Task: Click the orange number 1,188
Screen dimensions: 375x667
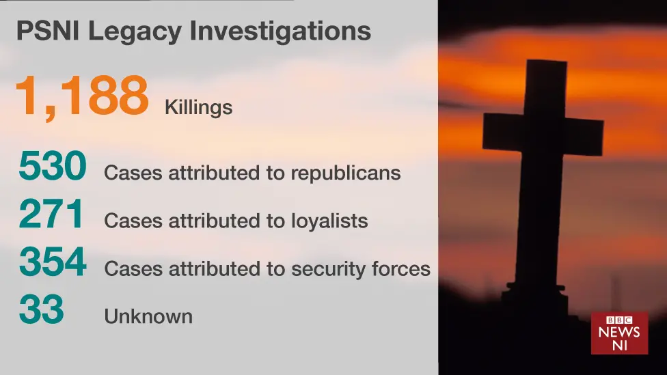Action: (81, 96)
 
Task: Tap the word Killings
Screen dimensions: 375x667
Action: (198, 108)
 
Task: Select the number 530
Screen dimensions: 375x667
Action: (53, 167)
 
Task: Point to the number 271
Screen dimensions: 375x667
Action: (51, 214)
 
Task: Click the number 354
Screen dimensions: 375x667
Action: (53, 262)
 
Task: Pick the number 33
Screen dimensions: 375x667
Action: (41, 309)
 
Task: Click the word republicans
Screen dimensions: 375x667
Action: (345, 173)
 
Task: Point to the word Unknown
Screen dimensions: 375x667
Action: (148, 316)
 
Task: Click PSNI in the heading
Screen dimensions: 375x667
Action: (42, 31)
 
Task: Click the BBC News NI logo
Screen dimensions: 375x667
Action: (619, 333)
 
